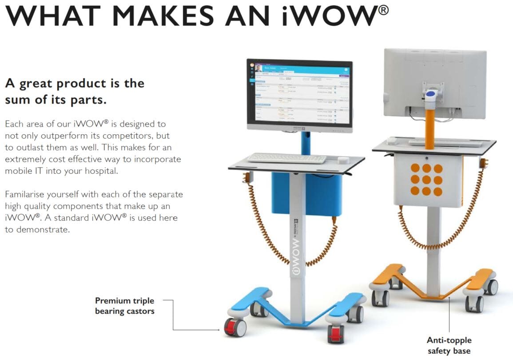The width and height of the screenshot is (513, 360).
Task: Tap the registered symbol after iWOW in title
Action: pyautogui.click(x=382, y=9)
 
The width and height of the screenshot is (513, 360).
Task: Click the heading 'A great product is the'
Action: pyautogui.click(x=75, y=83)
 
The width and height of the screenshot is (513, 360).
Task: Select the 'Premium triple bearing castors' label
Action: pyautogui.click(x=125, y=306)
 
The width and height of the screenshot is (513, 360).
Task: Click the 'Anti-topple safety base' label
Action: pyautogui.click(x=449, y=345)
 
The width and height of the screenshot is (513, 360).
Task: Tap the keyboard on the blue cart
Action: pyautogui.click(x=286, y=158)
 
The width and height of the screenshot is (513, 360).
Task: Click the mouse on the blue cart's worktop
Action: pyautogui.click(x=342, y=160)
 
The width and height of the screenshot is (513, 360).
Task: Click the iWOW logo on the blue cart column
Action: pyautogui.click(x=297, y=257)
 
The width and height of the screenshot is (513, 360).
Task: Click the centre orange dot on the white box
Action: pyautogui.click(x=427, y=180)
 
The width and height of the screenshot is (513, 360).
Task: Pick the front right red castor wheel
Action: pyautogui.click(x=335, y=334)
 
